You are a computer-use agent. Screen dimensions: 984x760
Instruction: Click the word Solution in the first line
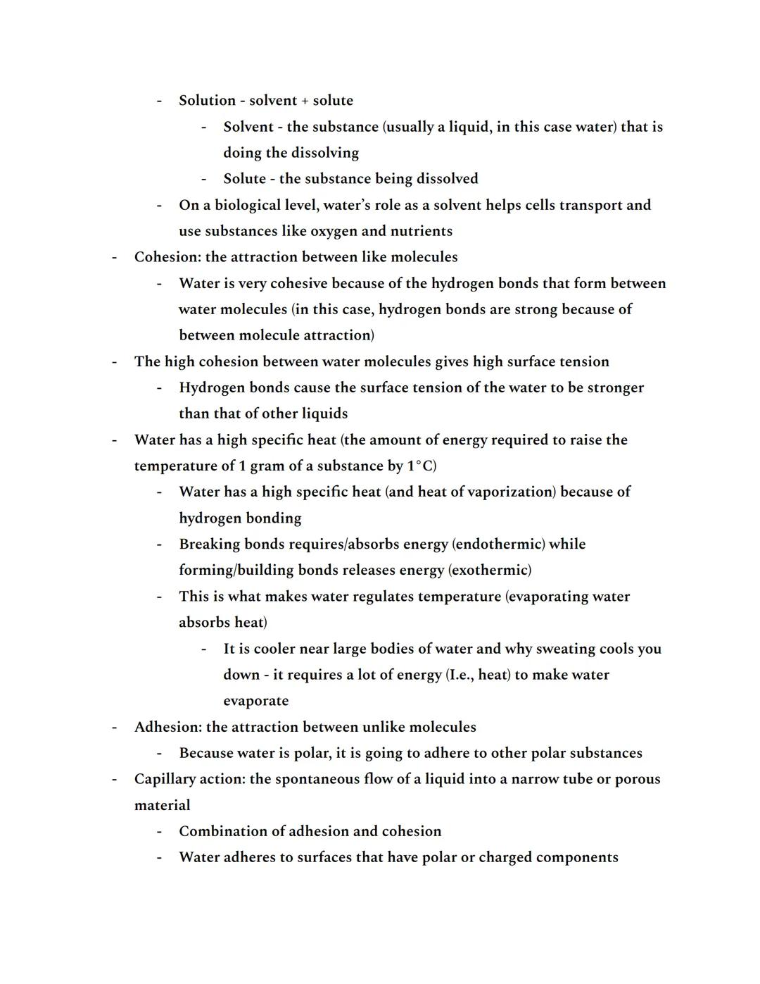point(207,101)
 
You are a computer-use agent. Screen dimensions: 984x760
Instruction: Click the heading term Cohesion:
point(167,257)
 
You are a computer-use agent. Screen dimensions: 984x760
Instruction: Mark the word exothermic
point(490,570)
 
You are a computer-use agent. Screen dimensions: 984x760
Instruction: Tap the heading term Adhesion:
point(167,727)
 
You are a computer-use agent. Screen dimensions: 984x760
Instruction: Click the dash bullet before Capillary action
point(113,779)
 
